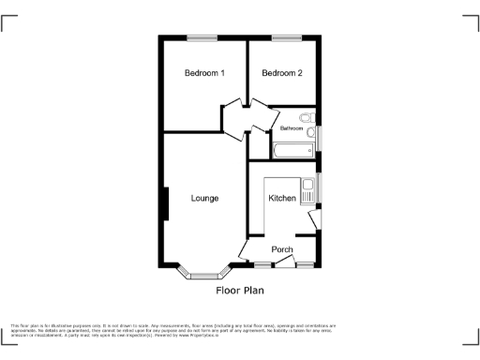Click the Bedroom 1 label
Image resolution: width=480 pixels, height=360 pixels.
[x=203, y=74]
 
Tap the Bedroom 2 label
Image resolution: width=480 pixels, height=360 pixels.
[x=281, y=74]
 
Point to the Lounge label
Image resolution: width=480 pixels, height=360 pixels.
[x=204, y=198]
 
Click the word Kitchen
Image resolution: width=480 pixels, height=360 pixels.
[x=282, y=199]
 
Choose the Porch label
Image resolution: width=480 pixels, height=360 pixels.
[x=282, y=249]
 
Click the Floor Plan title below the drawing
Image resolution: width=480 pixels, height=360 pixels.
[x=240, y=290]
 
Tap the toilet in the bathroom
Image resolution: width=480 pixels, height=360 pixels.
[x=307, y=119]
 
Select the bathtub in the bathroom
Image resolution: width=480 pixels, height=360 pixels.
[x=293, y=150]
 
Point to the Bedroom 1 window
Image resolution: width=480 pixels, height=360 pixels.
[x=201, y=37]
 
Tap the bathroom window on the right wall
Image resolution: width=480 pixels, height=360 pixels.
[x=319, y=137]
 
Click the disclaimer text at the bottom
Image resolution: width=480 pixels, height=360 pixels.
[x=173, y=328]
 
